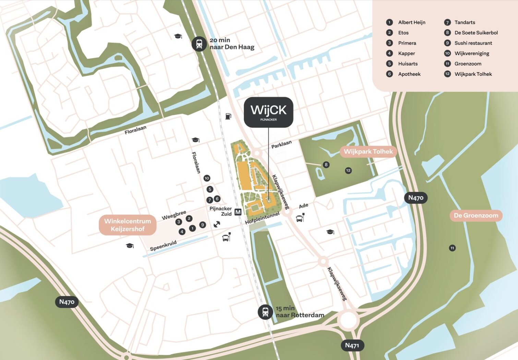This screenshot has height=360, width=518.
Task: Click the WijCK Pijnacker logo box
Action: click(x=268, y=112)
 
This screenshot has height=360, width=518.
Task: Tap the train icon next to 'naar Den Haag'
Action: click(x=199, y=44)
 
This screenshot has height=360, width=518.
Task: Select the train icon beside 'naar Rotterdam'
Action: click(x=265, y=312)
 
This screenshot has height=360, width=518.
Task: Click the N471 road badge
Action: click(x=352, y=345)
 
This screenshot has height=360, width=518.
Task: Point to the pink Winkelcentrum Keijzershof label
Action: click(x=128, y=225)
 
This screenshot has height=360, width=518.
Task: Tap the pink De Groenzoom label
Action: click(x=476, y=216)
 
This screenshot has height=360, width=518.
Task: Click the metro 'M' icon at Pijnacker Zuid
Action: click(x=238, y=212)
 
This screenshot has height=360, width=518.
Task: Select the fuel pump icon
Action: click(x=228, y=116)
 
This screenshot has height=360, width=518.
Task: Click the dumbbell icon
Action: click(x=217, y=225)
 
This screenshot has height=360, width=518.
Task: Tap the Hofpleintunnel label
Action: click(x=262, y=218)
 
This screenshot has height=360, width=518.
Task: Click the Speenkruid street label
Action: click(x=163, y=246)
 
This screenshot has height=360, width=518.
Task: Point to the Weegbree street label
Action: click(x=174, y=215)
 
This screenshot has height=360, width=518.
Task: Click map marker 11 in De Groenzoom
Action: click(x=453, y=248)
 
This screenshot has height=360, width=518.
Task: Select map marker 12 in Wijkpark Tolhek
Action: click(x=348, y=170)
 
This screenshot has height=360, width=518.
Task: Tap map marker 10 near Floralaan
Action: click(x=207, y=178)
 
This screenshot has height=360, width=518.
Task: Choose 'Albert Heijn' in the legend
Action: click(x=411, y=22)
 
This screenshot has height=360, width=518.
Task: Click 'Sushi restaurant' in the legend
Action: click(x=473, y=43)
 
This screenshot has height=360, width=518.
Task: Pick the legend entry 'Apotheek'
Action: click(x=409, y=74)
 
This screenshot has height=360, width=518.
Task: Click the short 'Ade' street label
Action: click(x=303, y=206)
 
